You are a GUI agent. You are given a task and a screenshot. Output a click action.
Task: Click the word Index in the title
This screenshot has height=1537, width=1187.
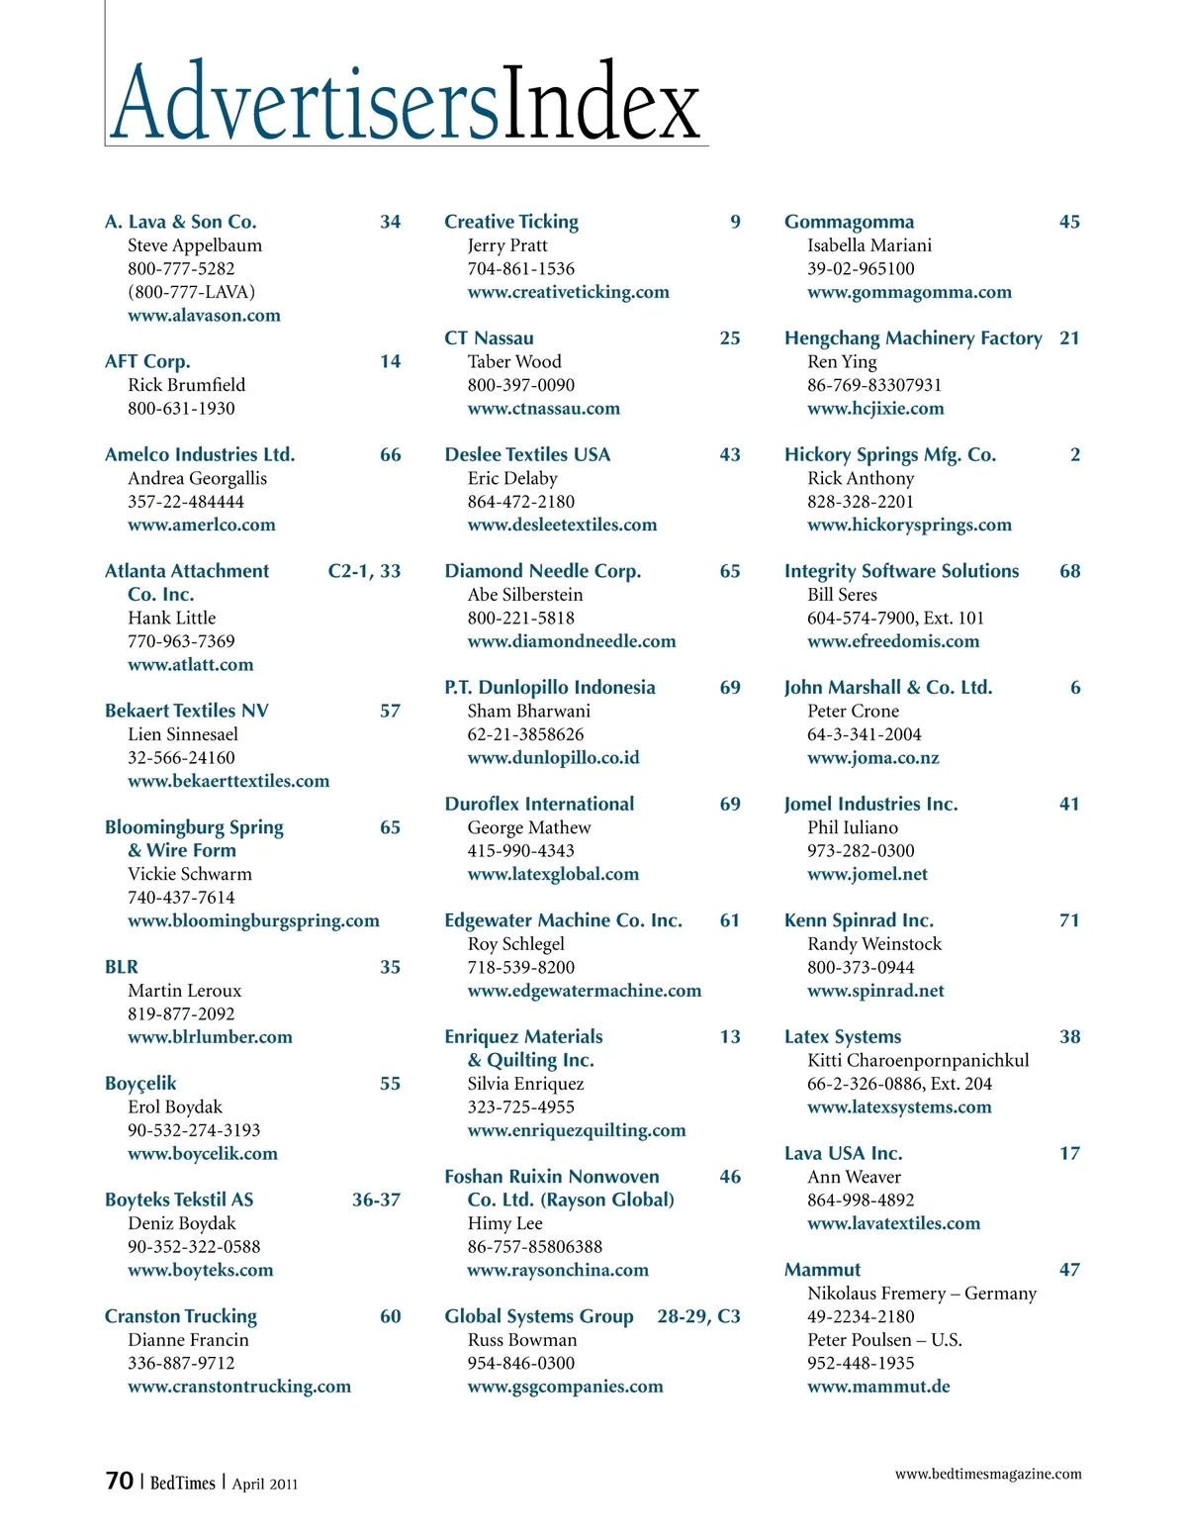point(601,103)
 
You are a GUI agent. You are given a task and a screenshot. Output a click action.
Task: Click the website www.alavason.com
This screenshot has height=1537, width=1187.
point(204,316)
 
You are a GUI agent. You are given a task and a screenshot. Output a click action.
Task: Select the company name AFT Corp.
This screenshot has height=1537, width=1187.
point(147,361)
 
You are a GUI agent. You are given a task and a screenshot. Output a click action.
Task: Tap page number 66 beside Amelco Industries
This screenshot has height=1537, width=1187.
point(391,455)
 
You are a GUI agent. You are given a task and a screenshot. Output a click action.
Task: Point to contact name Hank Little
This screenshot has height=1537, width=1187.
point(171,618)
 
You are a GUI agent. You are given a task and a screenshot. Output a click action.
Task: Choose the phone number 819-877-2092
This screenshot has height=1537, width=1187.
point(181,1013)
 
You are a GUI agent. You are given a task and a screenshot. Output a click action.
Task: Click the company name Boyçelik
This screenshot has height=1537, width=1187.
point(140,1084)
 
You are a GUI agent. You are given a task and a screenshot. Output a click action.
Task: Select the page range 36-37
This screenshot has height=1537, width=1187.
point(376,1200)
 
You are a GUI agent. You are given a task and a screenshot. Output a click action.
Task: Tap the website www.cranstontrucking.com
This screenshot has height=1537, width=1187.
point(239,1387)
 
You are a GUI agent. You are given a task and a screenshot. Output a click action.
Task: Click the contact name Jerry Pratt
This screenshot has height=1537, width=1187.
point(507,245)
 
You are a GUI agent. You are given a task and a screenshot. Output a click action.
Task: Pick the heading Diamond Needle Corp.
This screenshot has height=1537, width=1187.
point(542,571)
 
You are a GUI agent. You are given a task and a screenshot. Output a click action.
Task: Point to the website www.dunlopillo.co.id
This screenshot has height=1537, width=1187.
point(553,758)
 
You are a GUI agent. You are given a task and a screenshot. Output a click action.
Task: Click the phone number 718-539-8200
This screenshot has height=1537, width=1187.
point(520,967)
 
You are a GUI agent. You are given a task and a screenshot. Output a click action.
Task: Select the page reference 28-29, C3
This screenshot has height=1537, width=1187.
point(698,1316)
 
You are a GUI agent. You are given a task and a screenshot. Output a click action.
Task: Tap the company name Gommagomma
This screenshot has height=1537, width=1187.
point(849,222)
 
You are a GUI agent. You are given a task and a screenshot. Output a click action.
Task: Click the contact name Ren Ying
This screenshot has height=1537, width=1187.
point(842,361)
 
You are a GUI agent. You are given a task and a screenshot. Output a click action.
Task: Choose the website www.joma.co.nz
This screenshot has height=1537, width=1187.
point(872,758)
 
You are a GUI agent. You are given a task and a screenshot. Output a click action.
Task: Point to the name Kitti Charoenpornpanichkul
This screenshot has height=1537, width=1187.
point(918,1060)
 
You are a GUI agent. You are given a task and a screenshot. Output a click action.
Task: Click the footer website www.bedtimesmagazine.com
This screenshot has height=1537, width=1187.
point(988,1474)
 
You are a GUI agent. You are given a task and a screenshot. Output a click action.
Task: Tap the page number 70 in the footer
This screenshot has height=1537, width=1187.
point(119,1481)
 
